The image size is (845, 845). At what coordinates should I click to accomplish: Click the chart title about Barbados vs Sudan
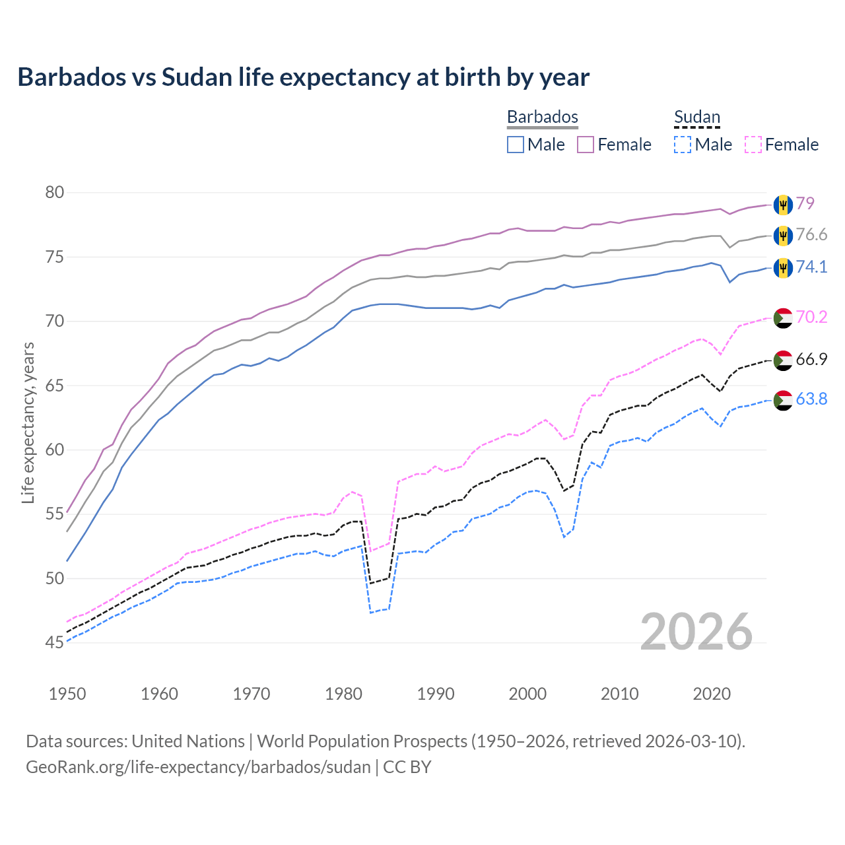(x=303, y=77)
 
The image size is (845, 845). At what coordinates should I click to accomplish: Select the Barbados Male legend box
(x=516, y=145)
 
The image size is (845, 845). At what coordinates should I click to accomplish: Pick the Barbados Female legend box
(x=586, y=145)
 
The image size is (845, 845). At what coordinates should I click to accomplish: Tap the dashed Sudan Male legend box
(x=683, y=145)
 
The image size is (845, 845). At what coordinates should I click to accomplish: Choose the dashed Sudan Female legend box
(x=753, y=145)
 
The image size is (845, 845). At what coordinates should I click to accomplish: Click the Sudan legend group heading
(x=696, y=118)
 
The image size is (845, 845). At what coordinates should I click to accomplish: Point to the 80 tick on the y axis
(x=55, y=193)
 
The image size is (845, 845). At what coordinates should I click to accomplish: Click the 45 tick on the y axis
(x=55, y=642)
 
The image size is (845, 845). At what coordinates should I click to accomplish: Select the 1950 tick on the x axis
(x=67, y=694)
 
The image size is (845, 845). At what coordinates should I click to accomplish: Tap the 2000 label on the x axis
(x=527, y=694)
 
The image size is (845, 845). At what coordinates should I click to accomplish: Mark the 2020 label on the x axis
(x=712, y=694)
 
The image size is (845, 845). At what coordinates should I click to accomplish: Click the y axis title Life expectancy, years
(x=28, y=422)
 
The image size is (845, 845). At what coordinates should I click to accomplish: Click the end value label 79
(x=805, y=204)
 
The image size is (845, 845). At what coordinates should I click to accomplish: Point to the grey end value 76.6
(x=811, y=235)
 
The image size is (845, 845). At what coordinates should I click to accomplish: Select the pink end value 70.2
(x=811, y=318)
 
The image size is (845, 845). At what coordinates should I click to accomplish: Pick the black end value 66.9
(x=811, y=360)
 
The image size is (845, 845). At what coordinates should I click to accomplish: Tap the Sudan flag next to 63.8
(x=783, y=400)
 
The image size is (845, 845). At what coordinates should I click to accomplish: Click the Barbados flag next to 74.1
(x=783, y=267)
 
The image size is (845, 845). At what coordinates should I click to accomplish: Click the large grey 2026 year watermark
(x=696, y=632)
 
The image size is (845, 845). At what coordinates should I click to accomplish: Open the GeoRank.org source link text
(x=198, y=767)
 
